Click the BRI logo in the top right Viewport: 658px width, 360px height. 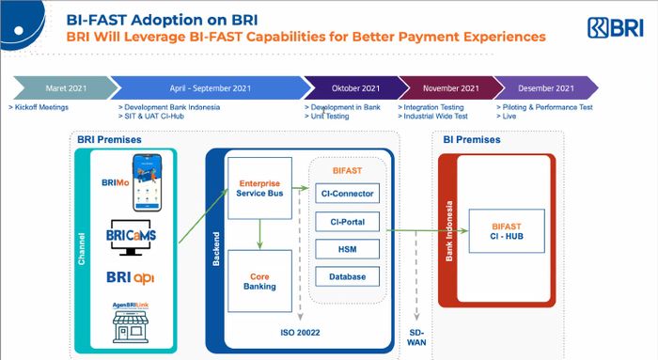pos(617,28)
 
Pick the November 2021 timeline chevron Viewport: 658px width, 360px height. pos(444,87)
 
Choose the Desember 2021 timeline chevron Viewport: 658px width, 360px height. pos(545,87)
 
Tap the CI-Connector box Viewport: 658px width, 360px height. pos(347,194)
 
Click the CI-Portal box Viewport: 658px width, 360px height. pos(347,222)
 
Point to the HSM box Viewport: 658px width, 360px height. pos(347,249)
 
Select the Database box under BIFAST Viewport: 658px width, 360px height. pos(347,276)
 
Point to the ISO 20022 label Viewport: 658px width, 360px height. pos(301,333)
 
